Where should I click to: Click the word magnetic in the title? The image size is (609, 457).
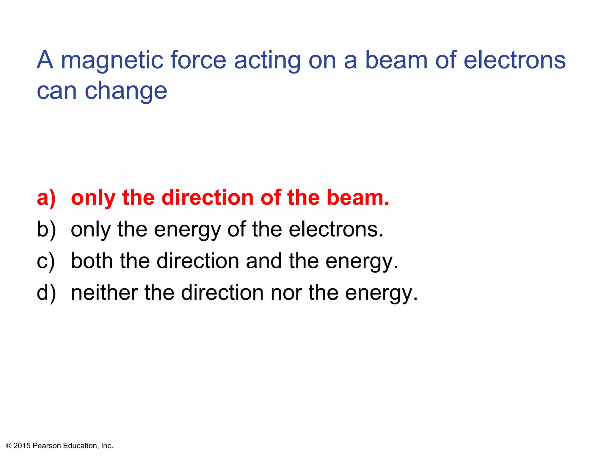[x=112, y=61]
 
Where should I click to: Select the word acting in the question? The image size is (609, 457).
[x=267, y=61]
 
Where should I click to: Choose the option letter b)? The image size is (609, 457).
[x=46, y=229]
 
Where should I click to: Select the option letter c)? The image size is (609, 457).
[x=46, y=261]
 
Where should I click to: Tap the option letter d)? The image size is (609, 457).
[x=46, y=293]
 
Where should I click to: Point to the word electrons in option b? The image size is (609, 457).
[x=336, y=229]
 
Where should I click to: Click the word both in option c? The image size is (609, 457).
[x=92, y=261]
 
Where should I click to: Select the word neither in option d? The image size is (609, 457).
[x=104, y=292]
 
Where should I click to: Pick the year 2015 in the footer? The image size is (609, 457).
[x=22, y=446]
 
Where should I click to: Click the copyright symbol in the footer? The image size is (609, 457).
[x=9, y=446]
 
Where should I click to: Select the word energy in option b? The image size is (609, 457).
[x=187, y=230]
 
